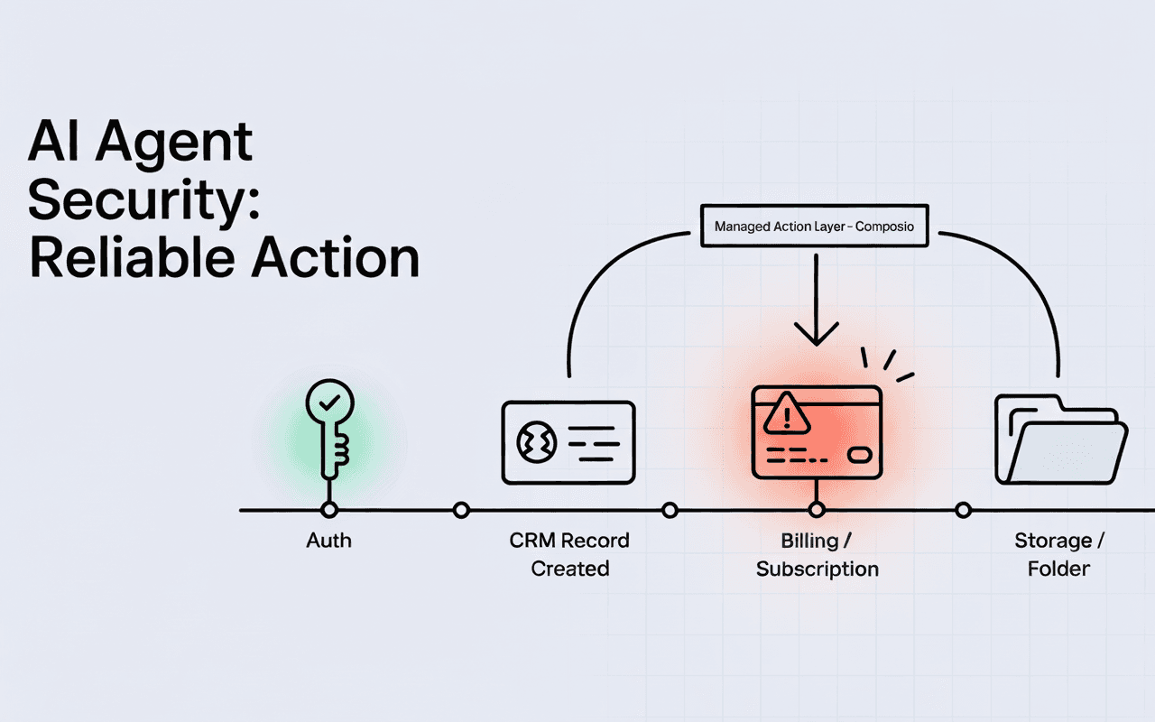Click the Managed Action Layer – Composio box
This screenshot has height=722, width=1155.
(814, 227)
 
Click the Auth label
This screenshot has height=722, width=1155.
(328, 541)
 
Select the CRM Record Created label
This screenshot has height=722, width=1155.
(569, 554)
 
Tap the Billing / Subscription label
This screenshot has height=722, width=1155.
(817, 554)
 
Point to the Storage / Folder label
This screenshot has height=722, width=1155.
(1059, 554)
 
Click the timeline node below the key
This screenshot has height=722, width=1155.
(329, 511)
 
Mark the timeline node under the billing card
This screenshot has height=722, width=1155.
(817, 511)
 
